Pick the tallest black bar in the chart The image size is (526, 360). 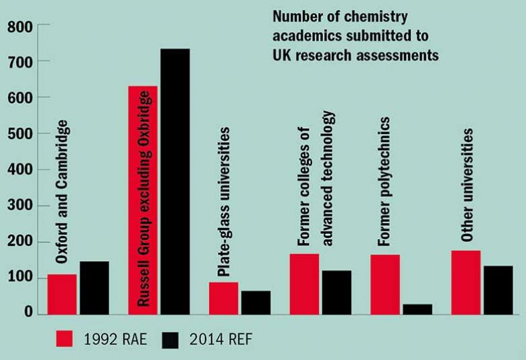pyautogui.click(x=175, y=181)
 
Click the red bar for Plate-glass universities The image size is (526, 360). pyautogui.click(x=223, y=298)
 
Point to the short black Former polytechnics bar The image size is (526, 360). pyautogui.click(x=417, y=308)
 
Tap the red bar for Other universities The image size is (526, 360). pyautogui.click(x=466, y=282)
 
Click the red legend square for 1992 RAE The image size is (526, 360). pyautogui.click(x=64, y=339)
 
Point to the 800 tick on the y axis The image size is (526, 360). pyautogui.click(x=19, y=26)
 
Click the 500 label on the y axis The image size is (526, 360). pyautogui.click(x=19, y=134)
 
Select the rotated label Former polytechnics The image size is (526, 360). pyautogui.click(x=384, y=182)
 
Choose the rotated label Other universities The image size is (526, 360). pyautogui.click(x=468, y=184)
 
